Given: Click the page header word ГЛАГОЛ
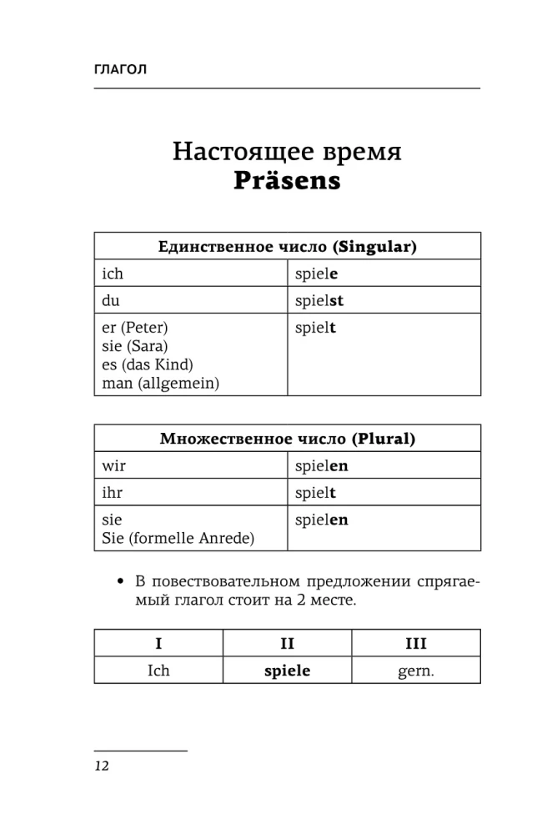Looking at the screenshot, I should coord(121,69).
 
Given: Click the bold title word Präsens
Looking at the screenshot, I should coord(287,181).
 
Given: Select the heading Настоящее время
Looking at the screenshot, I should coord(287,152).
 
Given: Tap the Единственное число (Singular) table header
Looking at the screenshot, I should coord(287,246).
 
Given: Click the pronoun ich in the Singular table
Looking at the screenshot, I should coord(112,273).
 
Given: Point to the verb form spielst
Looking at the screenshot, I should coord(319,300).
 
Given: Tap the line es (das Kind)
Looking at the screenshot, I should coord(147,364).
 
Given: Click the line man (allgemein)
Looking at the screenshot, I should coord(161,383).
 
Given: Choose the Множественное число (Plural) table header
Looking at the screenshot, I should coord(287,438).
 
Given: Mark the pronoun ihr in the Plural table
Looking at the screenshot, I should coord(112,493).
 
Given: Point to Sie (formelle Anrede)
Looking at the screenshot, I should coord(178,538).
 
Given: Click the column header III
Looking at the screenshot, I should coord(415,643).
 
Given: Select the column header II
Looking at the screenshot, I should coord(287,643).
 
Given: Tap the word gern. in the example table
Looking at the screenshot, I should coord(415,670).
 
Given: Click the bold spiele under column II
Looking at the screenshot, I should coord(287,670).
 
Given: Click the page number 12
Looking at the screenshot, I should coord(102,766).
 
